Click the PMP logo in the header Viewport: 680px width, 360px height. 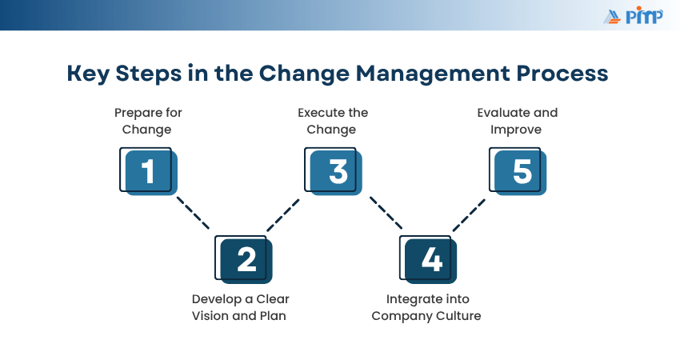tap(633, 16)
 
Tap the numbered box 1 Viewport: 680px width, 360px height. tap(148, 171)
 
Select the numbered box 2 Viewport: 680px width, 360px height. tap(244, 259)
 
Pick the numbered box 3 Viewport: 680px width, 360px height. tap(333, 171)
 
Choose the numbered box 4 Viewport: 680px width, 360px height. tap(428, 259)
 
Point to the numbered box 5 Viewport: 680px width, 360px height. tap(518, 171)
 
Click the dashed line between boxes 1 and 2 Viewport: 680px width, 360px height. tap(193, 213)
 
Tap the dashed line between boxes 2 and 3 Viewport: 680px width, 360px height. tap(282, 215)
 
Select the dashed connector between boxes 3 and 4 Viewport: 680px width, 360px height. tap(386, 213)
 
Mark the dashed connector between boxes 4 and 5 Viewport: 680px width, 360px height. tap(469, 215)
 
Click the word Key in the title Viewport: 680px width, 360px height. tap(88, 74)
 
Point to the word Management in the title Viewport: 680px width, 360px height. tap(433, 74)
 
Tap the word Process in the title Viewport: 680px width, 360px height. tap(562, 73)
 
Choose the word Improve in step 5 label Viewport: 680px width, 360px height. tap(516, 130)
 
